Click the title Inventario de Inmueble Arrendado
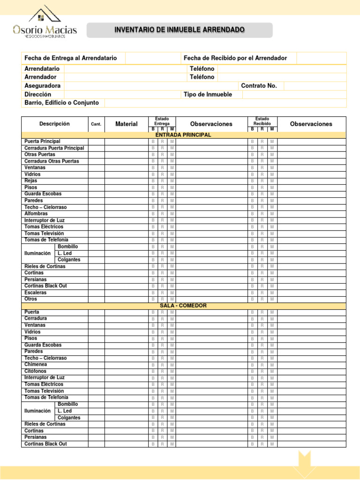click(180, 30)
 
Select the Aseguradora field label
click(43, 86)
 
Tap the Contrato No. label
click(259, 86)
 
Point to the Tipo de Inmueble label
click(208, 94)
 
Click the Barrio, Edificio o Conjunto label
click(61, 103)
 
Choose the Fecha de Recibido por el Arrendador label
click(235, 58)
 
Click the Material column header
click(127, 124)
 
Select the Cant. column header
click(96, 124)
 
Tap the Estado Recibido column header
click(262, 121)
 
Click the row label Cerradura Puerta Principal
click(54, 148)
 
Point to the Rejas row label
click(30, 180)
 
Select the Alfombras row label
click(36, 213)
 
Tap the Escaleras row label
click(35, 292)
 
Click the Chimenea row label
click(36, 364)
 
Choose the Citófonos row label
click(35, 371)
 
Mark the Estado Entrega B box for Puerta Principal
click(152, 142)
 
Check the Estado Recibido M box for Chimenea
click(272, 365)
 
